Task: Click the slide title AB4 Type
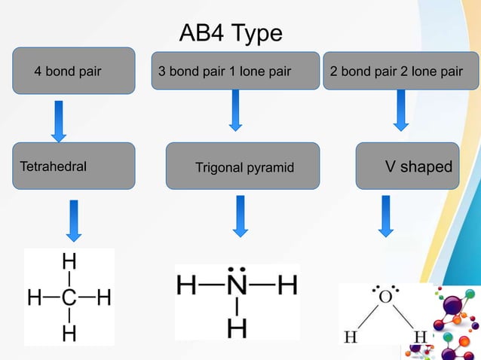231,34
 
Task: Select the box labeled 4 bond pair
74,72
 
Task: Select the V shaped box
407,165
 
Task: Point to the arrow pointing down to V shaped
400,110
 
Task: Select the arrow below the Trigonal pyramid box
240,215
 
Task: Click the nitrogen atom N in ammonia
237,286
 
